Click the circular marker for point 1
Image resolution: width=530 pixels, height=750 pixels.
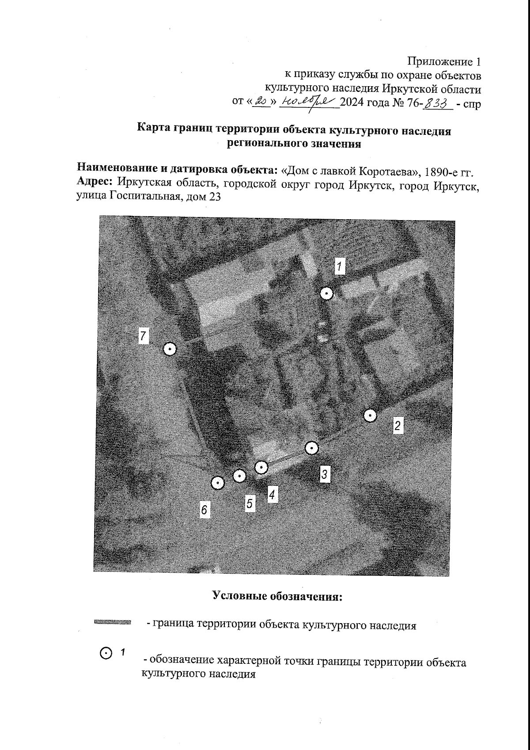tap(326, 294)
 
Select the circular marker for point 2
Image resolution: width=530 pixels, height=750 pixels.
tap(370, 416)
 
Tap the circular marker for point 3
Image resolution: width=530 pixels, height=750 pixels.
tap(312, 449)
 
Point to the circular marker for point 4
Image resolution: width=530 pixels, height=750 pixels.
tap(261, 467)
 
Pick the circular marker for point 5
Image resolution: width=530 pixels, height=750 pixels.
tap(239, 476)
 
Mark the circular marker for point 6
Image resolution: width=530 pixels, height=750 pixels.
tap(217, 484)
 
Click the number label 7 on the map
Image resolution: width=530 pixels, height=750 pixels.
tap(143, 336)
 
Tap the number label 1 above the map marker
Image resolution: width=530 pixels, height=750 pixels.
tap(339, 266)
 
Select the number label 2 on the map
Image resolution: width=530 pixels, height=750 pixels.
tap(398, 426)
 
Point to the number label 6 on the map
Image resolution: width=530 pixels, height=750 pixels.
tap(204, 510)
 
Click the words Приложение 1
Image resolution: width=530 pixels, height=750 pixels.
tap(443, 61)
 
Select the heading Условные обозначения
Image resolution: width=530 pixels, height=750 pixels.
tap(278, 596)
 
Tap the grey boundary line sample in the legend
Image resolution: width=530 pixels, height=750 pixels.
tap(113, 622)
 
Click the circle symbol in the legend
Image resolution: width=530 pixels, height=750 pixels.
tap(106, 653)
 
